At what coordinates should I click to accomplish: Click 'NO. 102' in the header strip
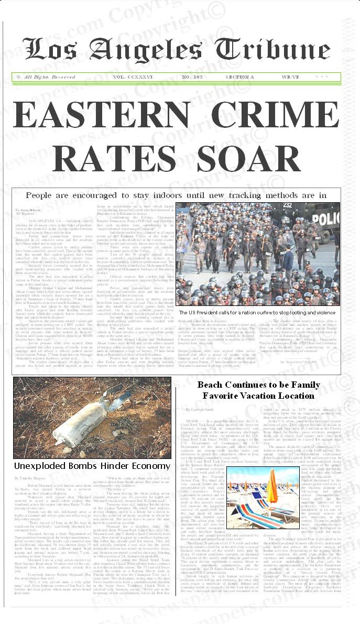[x=192, y=77]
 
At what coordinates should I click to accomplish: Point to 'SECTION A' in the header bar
[x=239, y=77]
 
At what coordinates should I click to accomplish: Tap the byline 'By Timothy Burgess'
[x=30, y=478]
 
